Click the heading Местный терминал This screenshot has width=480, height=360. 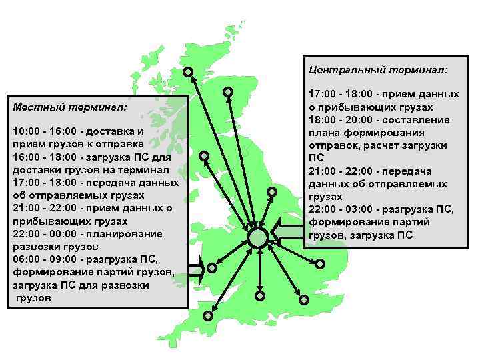click(70, 106)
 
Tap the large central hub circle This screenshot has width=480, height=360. click(257, 237)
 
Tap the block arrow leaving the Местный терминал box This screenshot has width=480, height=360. click(196, 269)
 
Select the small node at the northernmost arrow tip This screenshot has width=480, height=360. click(189, 71)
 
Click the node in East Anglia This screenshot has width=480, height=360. click(320, 263)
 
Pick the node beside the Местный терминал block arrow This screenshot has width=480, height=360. click(211, 268)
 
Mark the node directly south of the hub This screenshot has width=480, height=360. click(260, 295)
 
